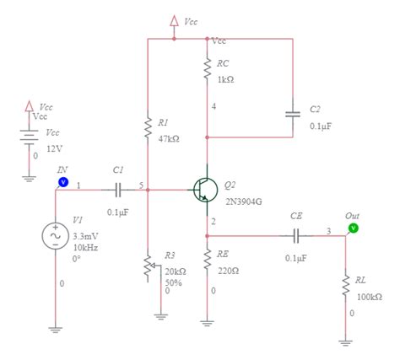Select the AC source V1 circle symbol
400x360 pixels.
[x=56, y=238]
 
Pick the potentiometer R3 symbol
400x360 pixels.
[x=148, y=268]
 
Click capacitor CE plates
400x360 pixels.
[x=296, y=237]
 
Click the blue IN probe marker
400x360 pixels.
[x=62, y=181]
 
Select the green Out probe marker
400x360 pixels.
[x=353, y=228]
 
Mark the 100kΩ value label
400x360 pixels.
[x=370, y=297]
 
